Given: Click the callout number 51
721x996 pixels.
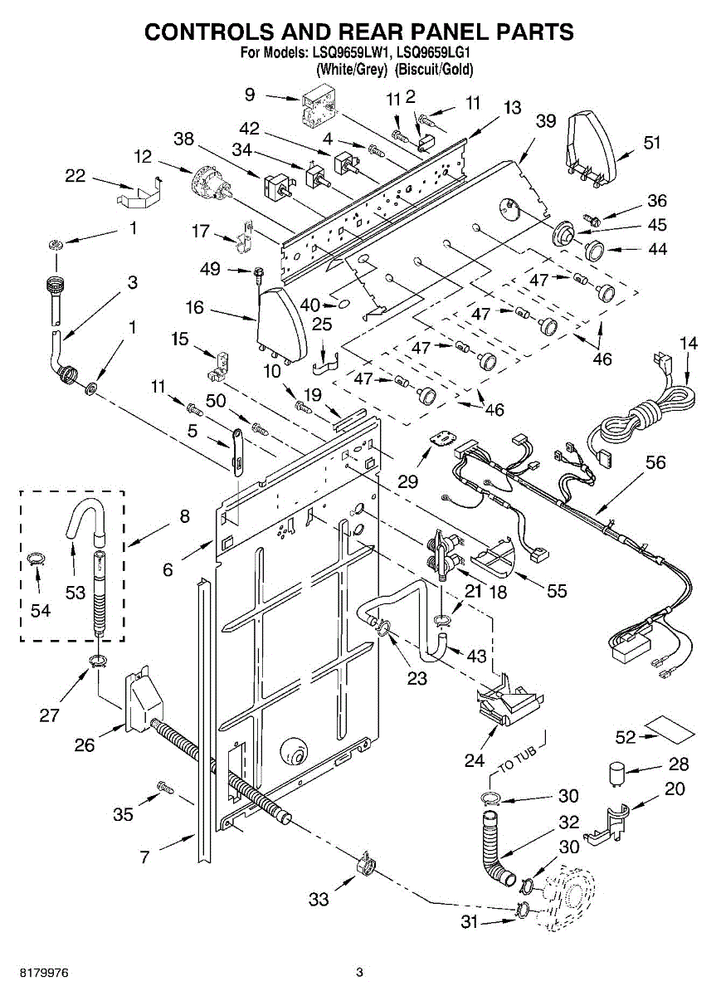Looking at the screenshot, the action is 651,143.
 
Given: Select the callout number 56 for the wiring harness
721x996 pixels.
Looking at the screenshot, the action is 655,463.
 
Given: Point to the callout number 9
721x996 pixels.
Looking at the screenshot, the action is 250,95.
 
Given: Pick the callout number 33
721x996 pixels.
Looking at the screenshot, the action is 319,900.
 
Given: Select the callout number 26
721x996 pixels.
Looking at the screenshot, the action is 85,745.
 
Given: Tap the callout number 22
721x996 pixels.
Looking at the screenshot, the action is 75,176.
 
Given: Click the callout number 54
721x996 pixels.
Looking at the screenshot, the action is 41,610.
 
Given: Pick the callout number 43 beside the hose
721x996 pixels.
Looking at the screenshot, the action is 476,656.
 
